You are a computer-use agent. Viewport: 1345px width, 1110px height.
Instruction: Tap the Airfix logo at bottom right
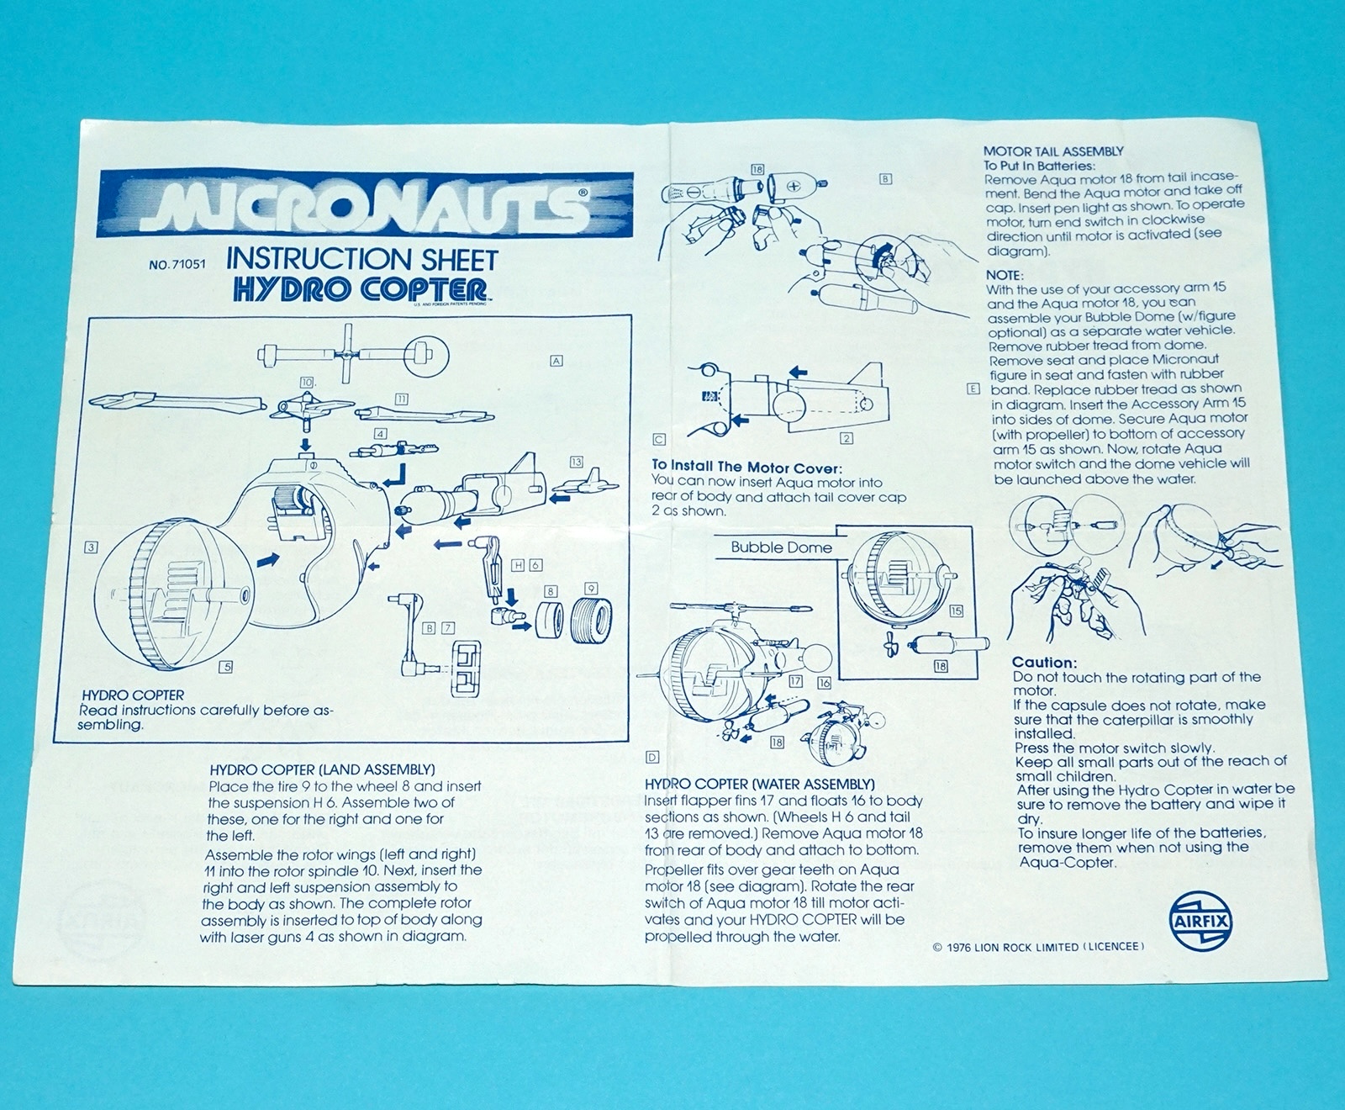[x=1200, y=921]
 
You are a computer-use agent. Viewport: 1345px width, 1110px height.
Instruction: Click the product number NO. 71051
[x=177, y=265]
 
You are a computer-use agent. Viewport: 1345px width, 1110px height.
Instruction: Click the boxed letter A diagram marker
[x=556, y=360]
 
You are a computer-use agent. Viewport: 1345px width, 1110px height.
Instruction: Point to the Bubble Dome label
[x=781, y=547]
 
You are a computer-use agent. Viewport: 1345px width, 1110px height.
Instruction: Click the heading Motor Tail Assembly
[x=1053, y=151]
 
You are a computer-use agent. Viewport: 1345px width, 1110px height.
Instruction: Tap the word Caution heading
[x=1044, y=663]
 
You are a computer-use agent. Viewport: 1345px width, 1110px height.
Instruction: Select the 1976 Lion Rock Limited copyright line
[x=1038, y=947]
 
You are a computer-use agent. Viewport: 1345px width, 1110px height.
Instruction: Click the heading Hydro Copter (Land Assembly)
[x=322, y=769]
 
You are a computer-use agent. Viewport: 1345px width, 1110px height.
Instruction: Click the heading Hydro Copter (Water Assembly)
[x=759, y=784]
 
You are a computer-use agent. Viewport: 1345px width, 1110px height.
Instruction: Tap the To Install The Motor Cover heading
[x=746, y=466]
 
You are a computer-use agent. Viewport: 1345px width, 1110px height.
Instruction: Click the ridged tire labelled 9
[x=591, y=620]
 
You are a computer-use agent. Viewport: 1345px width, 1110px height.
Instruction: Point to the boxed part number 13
[x=576, y=462]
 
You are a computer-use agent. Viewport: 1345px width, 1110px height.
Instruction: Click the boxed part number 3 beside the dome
[x=91, y=547]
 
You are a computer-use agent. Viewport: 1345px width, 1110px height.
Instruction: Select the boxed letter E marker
[x=973, y=388]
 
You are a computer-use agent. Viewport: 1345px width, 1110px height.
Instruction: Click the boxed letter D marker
[x=651, y=758]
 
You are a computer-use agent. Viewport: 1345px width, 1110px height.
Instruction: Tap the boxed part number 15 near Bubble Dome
[x=956, y=611]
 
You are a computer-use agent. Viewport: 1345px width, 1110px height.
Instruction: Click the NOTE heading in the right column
[x=1004, y=275]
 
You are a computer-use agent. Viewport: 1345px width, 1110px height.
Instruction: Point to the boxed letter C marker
[x=659, y=439]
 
